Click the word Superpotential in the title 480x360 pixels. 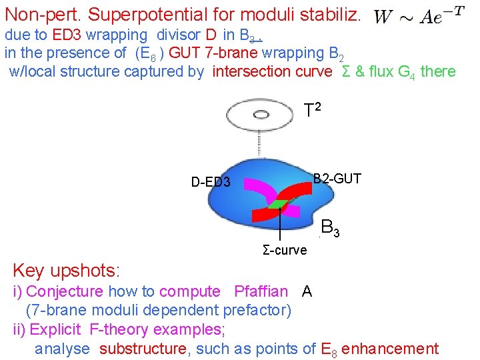pyautogui.click(x=158, y=15)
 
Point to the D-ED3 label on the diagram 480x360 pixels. pyautogui.click(x=211, y=181)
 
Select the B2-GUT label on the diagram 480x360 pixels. pyautogui.click(x=337, y=178)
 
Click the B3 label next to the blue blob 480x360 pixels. pyautogui.click(x=331, y=227)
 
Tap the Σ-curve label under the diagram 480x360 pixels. pyautogui.click(x=285, y=251)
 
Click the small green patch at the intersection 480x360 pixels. pyautogui.click(x=279, y=203)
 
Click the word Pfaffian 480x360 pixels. pyautogui.click(x=261, y=291)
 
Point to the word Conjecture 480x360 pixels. pyautogui.click(x=65, y=291)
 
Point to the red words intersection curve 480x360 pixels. pyautogui.click(x=272, y=71)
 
